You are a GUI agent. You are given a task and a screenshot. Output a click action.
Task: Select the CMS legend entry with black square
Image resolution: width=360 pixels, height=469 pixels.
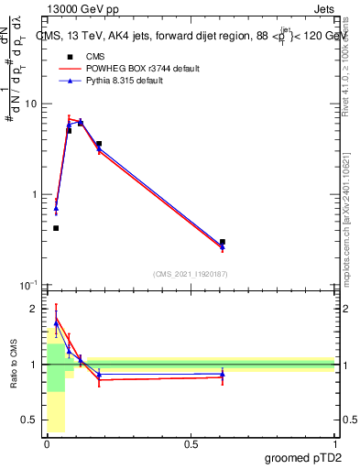[83, 57]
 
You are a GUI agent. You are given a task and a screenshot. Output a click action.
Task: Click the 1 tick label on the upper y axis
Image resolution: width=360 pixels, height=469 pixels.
[33, 194]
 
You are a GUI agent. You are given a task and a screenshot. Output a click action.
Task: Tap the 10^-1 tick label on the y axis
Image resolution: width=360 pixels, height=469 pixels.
[27, 285]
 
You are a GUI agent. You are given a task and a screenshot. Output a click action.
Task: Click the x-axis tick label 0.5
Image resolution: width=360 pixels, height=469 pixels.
[191, 443]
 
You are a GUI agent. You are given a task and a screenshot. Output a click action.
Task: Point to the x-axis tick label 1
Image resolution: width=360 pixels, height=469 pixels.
[334, 443]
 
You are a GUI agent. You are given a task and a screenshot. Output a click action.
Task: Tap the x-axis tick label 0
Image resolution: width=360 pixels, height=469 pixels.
[47, 443]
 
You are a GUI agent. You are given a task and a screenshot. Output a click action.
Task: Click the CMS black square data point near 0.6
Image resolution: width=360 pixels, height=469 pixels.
[223, 242]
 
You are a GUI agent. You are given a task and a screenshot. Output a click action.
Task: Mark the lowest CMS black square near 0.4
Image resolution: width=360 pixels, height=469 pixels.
[56, 228]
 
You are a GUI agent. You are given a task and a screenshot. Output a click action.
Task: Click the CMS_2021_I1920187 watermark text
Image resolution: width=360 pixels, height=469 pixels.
[191, 273]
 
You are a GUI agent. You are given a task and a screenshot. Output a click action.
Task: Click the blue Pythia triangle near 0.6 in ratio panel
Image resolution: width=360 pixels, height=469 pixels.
[223, 374]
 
